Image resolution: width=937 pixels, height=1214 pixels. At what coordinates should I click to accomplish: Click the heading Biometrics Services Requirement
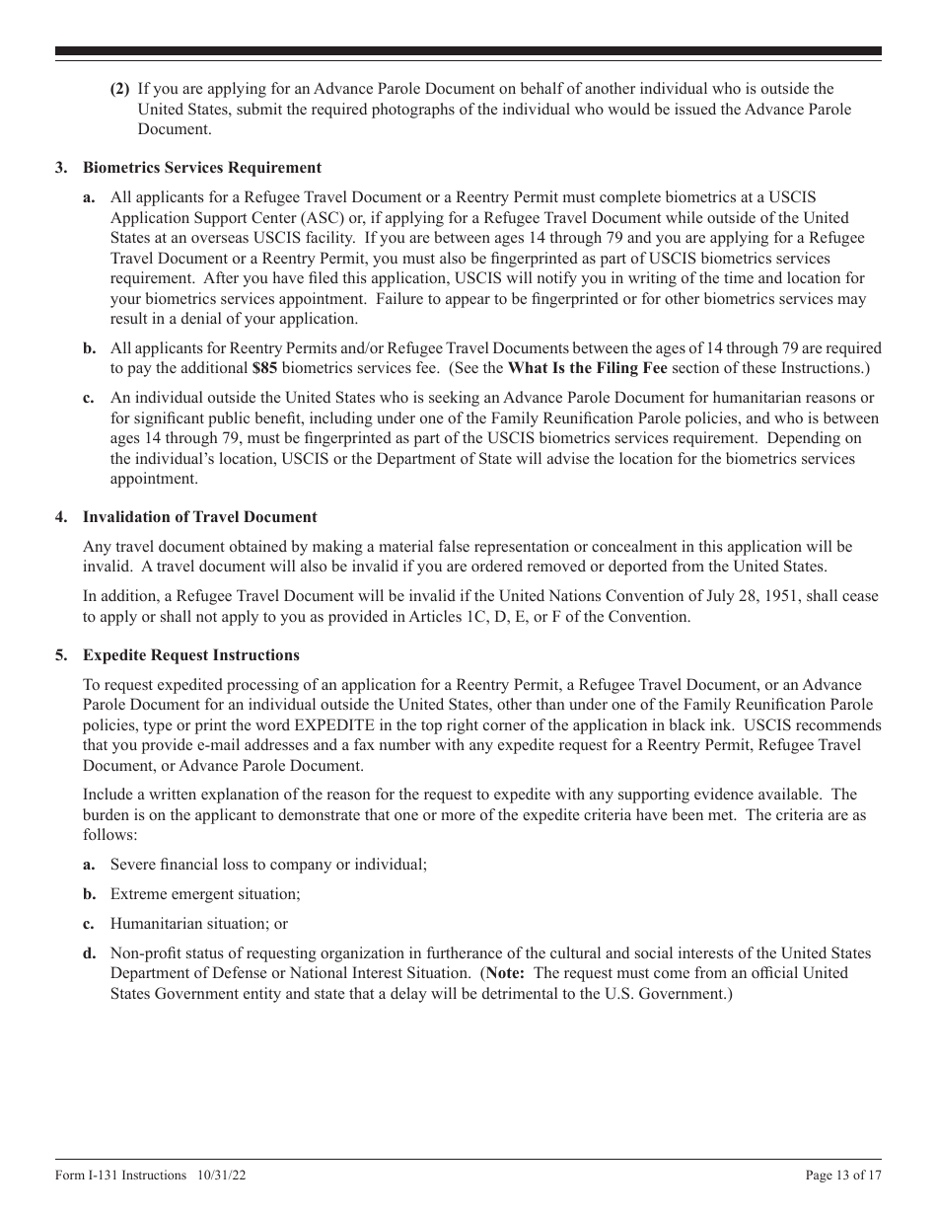point(201,168)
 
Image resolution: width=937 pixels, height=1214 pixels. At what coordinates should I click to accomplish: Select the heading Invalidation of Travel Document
point(199,516)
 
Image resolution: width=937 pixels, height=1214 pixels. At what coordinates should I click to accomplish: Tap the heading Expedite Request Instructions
point(190,654)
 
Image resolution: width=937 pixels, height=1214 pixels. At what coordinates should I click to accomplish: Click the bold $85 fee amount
point(264,367)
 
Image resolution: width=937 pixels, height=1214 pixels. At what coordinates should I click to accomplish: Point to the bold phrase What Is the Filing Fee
point(587,367)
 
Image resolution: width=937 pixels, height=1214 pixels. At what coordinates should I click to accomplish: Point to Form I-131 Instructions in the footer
point(120,1175)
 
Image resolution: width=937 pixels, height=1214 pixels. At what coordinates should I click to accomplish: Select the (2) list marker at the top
point(119,89)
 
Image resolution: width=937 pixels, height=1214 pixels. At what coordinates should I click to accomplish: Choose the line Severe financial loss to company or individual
point(268,864)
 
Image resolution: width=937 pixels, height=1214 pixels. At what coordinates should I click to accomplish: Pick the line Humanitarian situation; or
point(198,923)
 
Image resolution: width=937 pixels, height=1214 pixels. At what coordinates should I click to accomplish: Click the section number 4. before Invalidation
point(61,516)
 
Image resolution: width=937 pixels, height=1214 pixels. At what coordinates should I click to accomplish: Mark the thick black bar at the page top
point(468,50)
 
